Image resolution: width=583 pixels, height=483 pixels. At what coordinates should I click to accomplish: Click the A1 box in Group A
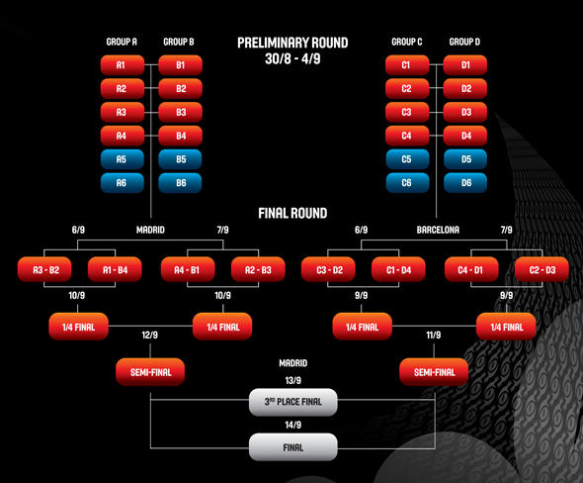(123, 65)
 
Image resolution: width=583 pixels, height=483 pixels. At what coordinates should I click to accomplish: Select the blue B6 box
(180, 183)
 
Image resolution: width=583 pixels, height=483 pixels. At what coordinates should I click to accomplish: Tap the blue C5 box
(407, 159)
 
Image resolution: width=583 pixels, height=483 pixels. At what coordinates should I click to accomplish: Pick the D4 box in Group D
(465, 136)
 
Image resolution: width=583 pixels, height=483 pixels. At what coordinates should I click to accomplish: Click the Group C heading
(407, 42)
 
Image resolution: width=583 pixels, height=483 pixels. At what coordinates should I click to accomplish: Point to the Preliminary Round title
(292, 43)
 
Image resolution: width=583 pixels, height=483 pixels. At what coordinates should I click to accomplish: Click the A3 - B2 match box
(44, 269)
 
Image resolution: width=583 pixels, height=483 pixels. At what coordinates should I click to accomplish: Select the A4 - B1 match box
(188, 269)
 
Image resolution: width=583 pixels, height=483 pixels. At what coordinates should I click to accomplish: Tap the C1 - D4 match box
(398, 269)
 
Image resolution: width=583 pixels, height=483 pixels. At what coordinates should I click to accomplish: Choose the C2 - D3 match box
(541, 269)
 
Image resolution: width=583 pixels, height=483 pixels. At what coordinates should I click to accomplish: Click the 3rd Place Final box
(293, 402)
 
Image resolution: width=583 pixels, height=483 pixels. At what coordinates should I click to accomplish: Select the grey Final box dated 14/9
(293, 447)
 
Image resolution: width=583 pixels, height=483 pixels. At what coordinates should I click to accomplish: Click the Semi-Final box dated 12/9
(150, 372)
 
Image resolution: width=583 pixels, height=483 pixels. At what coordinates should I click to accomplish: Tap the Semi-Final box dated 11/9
(434, 372)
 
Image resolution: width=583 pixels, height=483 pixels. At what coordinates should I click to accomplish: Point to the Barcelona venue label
(438, 230)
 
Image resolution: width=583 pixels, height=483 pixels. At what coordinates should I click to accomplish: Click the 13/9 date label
(293, 381)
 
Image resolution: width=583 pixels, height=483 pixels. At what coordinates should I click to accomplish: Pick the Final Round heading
(292, 213)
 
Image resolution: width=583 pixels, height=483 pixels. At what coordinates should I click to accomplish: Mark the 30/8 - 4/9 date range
(292, 58)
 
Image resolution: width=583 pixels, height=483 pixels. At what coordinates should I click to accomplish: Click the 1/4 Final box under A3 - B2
(78, 327)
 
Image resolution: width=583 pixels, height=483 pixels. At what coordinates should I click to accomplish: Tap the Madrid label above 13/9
(293, 363)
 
